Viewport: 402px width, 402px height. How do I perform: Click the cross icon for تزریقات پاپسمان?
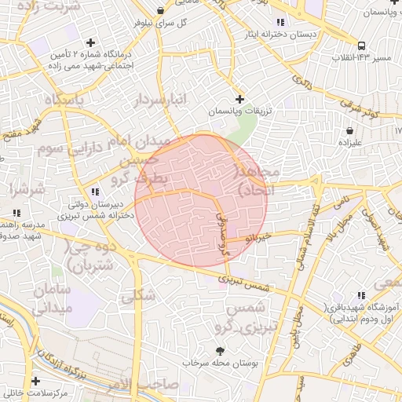(239, 99)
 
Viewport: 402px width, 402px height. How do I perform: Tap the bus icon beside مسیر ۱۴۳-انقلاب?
(360, 46)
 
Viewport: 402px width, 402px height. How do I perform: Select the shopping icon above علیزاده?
(349, 130)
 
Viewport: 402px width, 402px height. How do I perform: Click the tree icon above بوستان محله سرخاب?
(219, 351)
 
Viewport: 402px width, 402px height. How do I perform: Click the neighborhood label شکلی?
(138, 297)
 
